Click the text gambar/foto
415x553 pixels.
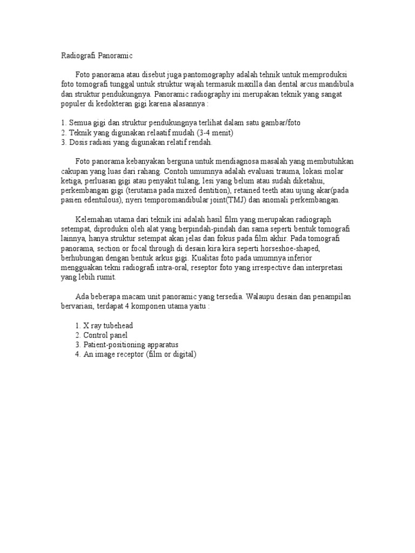(281, 123)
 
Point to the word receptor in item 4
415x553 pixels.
(126, 354)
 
